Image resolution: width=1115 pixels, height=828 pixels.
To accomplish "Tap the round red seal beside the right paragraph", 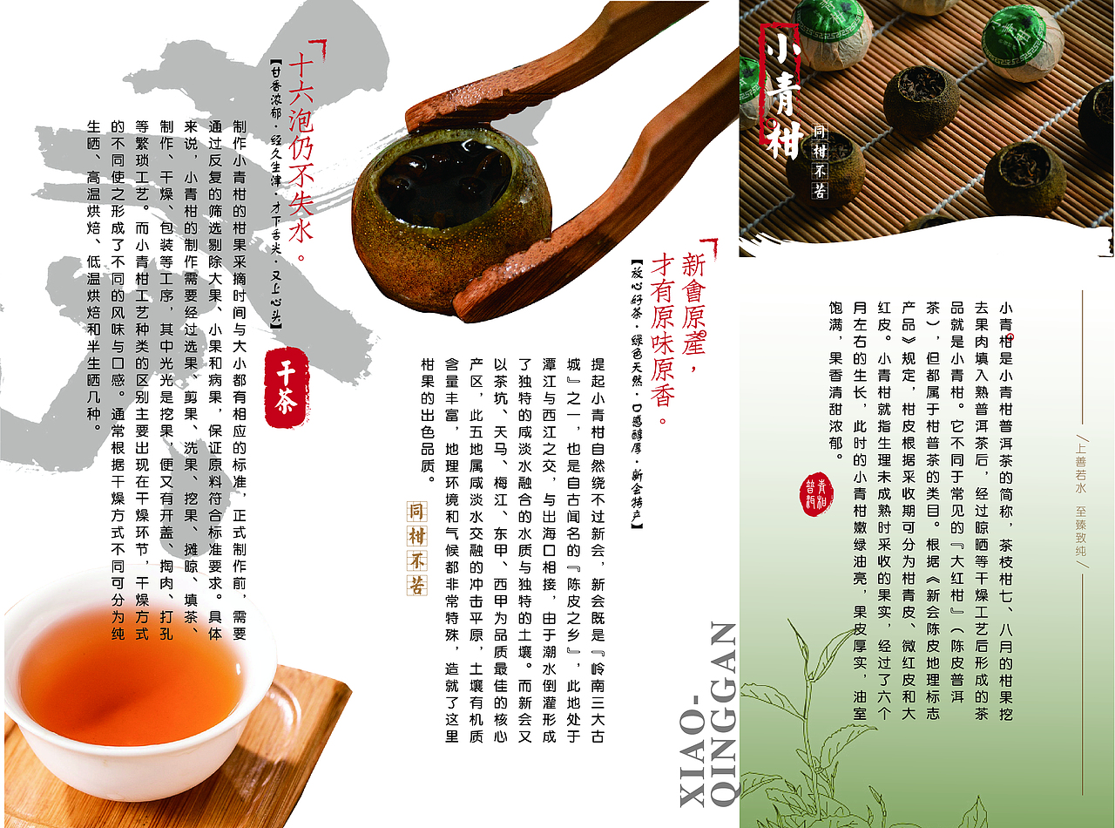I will click(x=816, y=494).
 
